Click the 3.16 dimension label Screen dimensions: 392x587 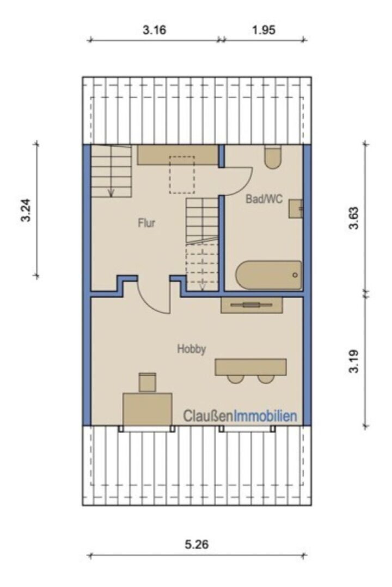(x=154, y=29)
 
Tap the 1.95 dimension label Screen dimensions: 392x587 (x=264, y=29)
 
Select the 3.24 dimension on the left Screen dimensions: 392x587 (x=26, y=210)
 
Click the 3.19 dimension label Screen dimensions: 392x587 (x=354, y=361)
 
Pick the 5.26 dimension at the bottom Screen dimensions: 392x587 (x=197, y=544)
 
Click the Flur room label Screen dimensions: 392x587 (x=146, y=223)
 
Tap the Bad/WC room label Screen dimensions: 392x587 (x=264, y=198)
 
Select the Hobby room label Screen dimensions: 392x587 (x=191, y=349)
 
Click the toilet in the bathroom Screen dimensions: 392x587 (x=272, y=157)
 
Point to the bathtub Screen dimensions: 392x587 (x=268, y=275)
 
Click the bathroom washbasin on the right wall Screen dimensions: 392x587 (x=295, y=209)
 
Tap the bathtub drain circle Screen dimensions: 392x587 (x=295, y=275)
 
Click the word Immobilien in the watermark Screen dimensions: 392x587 (x=265, y=416)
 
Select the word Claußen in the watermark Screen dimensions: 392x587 (x=208, y=416)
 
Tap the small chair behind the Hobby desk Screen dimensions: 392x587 (x=147, y=382)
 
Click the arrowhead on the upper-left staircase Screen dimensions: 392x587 (x=111, y=193)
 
